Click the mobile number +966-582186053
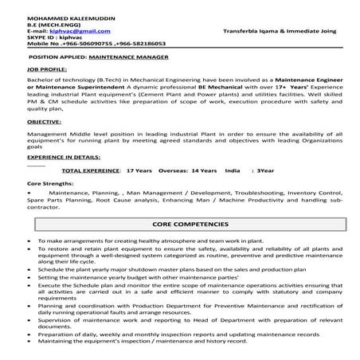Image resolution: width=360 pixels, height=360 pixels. coord(137,44)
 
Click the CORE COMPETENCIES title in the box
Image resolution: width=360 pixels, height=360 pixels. coord(182,225)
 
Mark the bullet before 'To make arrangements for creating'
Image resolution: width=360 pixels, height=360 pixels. coord(29,240)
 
